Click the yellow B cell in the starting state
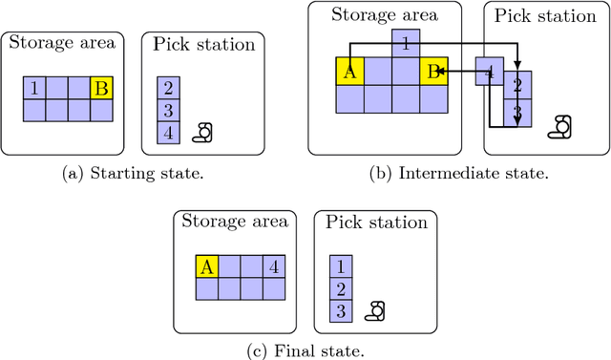pos(101,89)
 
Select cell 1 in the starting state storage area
pos(34,89)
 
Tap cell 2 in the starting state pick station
pos(168,89)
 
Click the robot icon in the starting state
pos(203,133)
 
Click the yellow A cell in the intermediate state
pos(349,71)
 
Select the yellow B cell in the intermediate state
pos(434,71)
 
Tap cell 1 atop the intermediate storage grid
pos(406,42)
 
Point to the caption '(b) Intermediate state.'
pos(453,173)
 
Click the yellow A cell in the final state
pos(208,266)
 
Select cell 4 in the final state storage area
pos(274,266)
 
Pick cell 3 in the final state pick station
pos(341,310)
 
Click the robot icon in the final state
pos(378,310)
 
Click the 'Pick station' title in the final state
pos(375,223)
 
